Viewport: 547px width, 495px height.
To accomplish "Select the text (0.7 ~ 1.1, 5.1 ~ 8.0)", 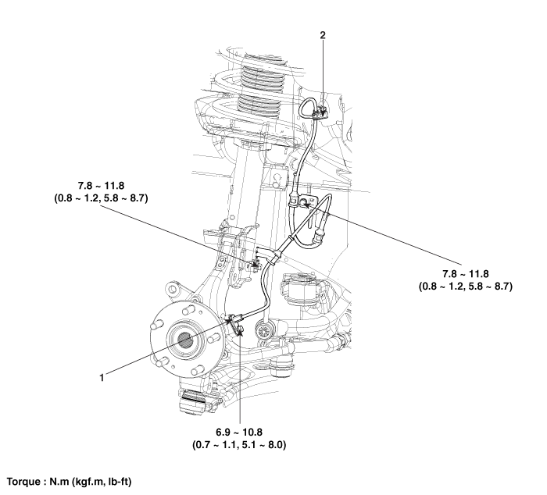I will pos(240,445).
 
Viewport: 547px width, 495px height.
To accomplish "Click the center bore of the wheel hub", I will pos(185,340).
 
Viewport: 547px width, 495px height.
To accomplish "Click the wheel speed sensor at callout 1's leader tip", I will pos(233,318).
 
